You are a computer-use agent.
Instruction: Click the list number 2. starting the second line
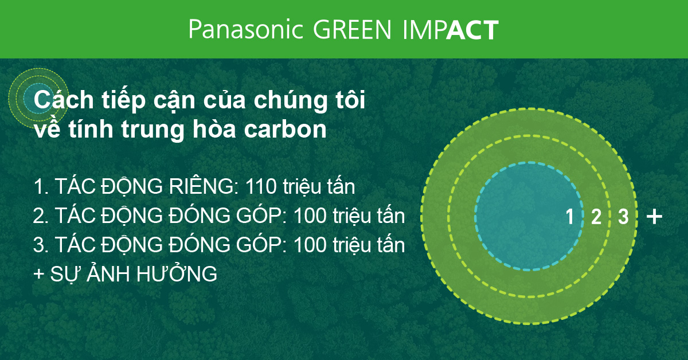point(41,217)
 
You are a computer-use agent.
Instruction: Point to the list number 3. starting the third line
point(41,246)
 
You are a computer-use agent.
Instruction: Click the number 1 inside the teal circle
point(569,217)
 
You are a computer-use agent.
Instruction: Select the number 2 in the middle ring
point(596,217)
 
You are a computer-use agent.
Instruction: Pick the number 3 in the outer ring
point(623,217)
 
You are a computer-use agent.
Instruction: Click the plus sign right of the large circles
point(654,217)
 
